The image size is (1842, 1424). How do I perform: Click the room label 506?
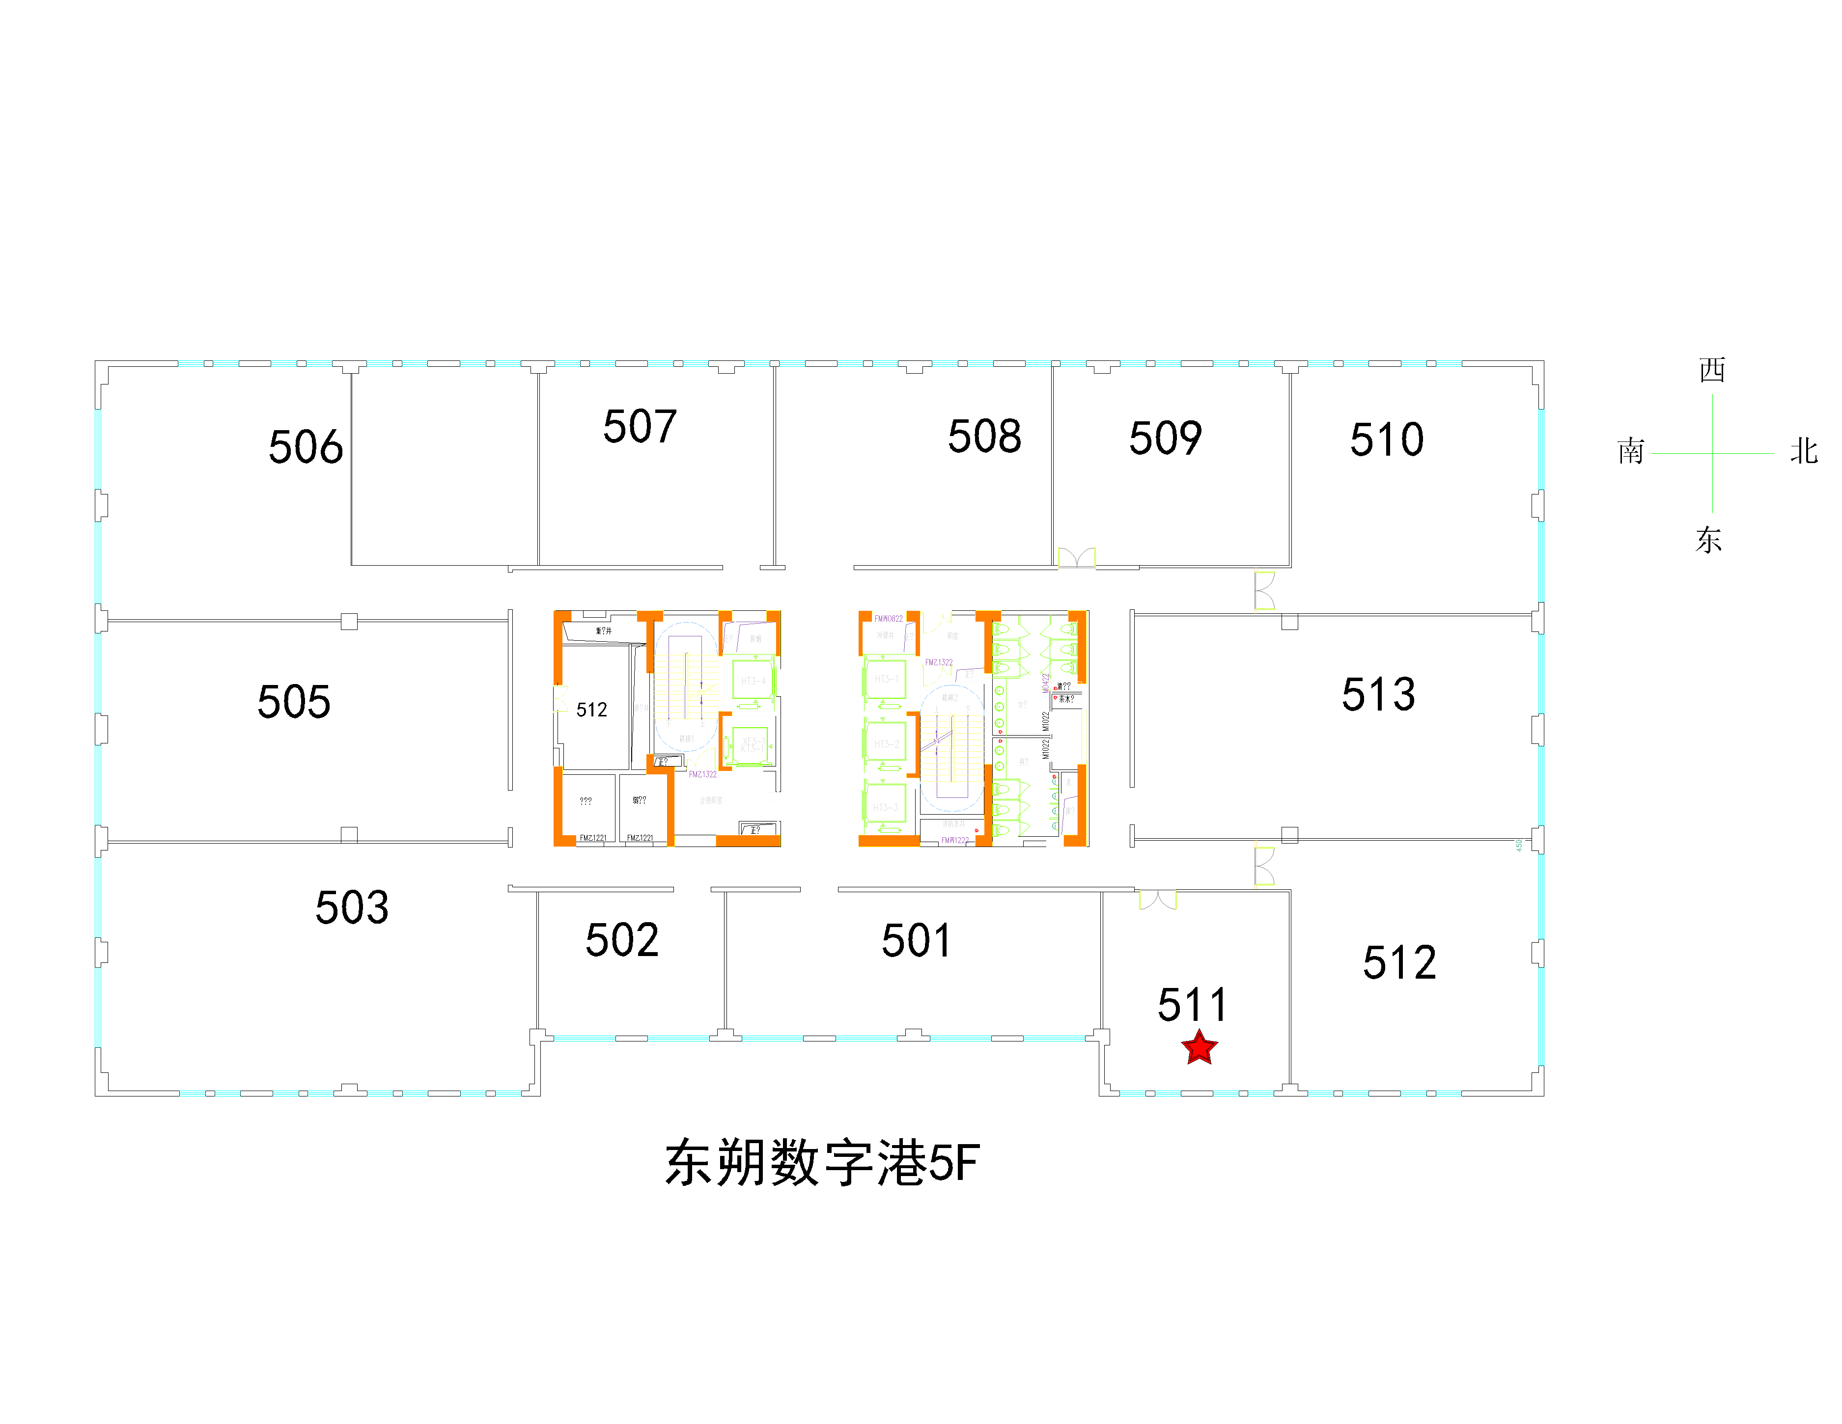(x=306, y=447)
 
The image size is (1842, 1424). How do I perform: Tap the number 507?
(x=640, y=427)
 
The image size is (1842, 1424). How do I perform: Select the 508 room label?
(x=984, y=436)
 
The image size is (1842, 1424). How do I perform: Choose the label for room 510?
(x=1387, y=440)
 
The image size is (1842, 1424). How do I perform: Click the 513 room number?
(x=1378, y=695)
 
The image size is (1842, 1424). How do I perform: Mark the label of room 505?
(x=294, y=702)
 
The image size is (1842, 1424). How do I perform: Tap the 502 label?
(x=621, y=940)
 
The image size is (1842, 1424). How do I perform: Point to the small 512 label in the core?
(x=591, y=710)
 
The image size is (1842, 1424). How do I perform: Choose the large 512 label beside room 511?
(x=1399, y=963)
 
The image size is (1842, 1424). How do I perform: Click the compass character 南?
(x=1630, y=452)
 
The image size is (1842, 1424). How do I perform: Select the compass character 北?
(x=1803, y=452)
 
